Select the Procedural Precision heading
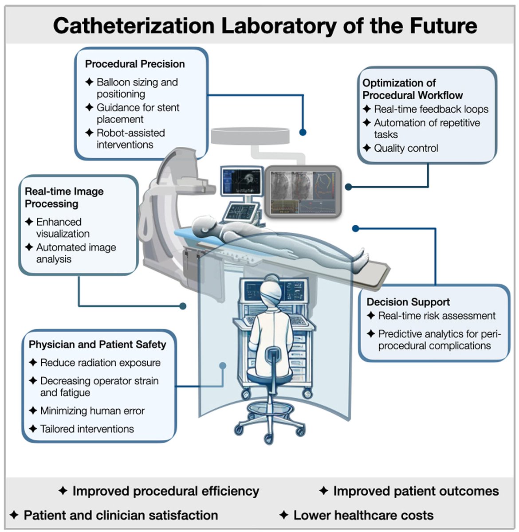click(135, 64)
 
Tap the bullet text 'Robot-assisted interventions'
click(130, 139)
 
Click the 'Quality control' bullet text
click(406, 148)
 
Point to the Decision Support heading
click(408, 302)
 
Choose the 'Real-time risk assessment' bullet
click(436, 316)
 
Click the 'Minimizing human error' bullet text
click(92, 411)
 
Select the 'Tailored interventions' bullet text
click(87, 429)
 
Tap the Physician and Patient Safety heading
click(97, 344)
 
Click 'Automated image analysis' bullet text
click(76, 253)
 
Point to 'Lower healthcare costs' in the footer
click(363, 515)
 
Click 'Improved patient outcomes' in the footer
click(416, 491)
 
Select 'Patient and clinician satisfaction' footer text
click(121, 515)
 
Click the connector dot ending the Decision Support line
click(355, 228)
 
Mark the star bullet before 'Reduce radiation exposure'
click(33, 363)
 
